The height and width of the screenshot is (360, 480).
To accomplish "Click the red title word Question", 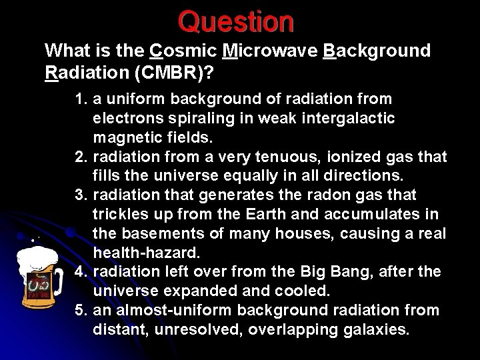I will pos(235,21).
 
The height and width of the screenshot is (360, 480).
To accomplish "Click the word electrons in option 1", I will pos(125,119).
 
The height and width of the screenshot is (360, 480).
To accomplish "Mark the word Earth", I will pos(269,215).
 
